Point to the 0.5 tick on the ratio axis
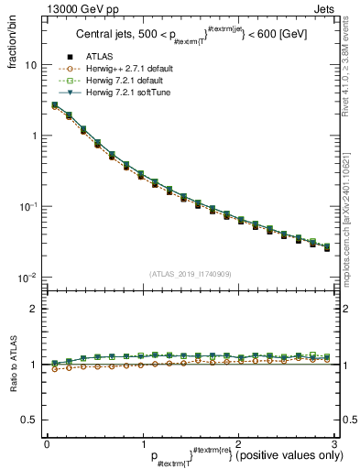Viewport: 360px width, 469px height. click(31, 420)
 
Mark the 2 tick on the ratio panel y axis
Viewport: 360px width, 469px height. click(35, 309)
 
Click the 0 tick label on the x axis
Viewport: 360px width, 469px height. click(47, 442)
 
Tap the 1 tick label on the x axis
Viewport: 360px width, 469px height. click(142, 442)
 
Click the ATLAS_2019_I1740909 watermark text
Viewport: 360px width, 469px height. click(190, 274)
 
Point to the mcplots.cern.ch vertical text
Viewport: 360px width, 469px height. click(350, 220)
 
